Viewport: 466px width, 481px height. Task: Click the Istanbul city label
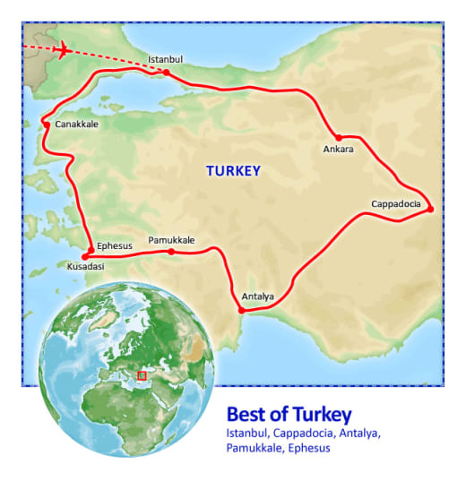[166, 60]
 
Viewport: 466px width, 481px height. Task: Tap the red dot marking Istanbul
[167, 72]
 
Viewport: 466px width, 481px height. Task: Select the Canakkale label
[76, 125]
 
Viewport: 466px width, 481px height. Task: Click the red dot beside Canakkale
[47, 125]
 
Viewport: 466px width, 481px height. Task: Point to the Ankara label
[337, 149]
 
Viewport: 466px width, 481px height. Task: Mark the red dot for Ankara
[339, 137]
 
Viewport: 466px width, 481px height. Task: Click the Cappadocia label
[396, 204]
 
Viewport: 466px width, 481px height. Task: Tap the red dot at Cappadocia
[430, 209]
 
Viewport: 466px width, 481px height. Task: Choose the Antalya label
[258, 296]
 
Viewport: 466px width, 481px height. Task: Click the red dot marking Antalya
[241, 311]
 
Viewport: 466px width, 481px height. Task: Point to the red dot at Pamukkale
[171, 251]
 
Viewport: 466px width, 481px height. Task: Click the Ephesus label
[114, 245]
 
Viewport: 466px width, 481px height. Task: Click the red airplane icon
[63, 50]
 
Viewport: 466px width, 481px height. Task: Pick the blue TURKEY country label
[233, 170]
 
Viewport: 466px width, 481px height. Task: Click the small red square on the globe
[142, 375]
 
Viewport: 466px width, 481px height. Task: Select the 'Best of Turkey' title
[289, 415]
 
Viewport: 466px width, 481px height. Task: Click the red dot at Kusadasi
[85, 256]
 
